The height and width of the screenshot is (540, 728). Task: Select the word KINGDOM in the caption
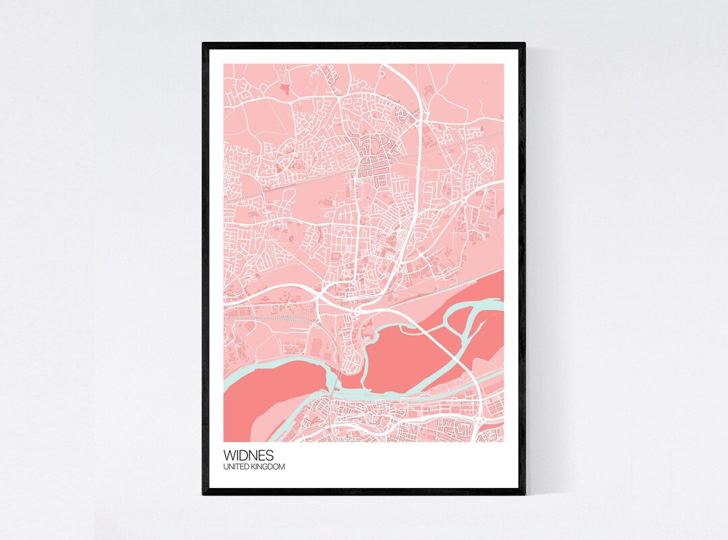[269, 466]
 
